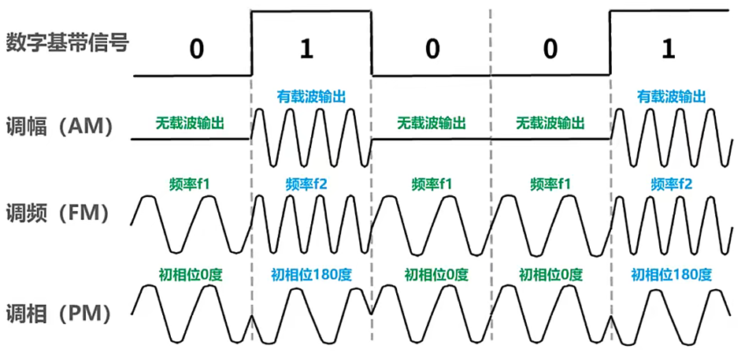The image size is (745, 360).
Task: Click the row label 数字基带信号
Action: tap(67, 43)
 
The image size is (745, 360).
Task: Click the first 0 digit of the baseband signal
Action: tap(195, 49)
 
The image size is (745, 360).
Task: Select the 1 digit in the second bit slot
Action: tap(307, 49)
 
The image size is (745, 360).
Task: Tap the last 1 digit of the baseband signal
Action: tap(669, 49)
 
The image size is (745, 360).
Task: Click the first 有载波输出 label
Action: tap(311, 96)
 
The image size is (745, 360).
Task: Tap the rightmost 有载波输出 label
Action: tap(671, 96)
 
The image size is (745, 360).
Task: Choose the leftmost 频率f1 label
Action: tap(190, 184)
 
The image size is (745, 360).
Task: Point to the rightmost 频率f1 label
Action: tap(550, 184)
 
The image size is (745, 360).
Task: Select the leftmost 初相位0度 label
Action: tap(190, 275)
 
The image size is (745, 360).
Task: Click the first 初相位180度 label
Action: tap(311, 275)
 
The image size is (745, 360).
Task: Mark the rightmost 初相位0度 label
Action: tap(550, 275)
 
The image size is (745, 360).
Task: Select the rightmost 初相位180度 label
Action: tap(671, 275)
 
